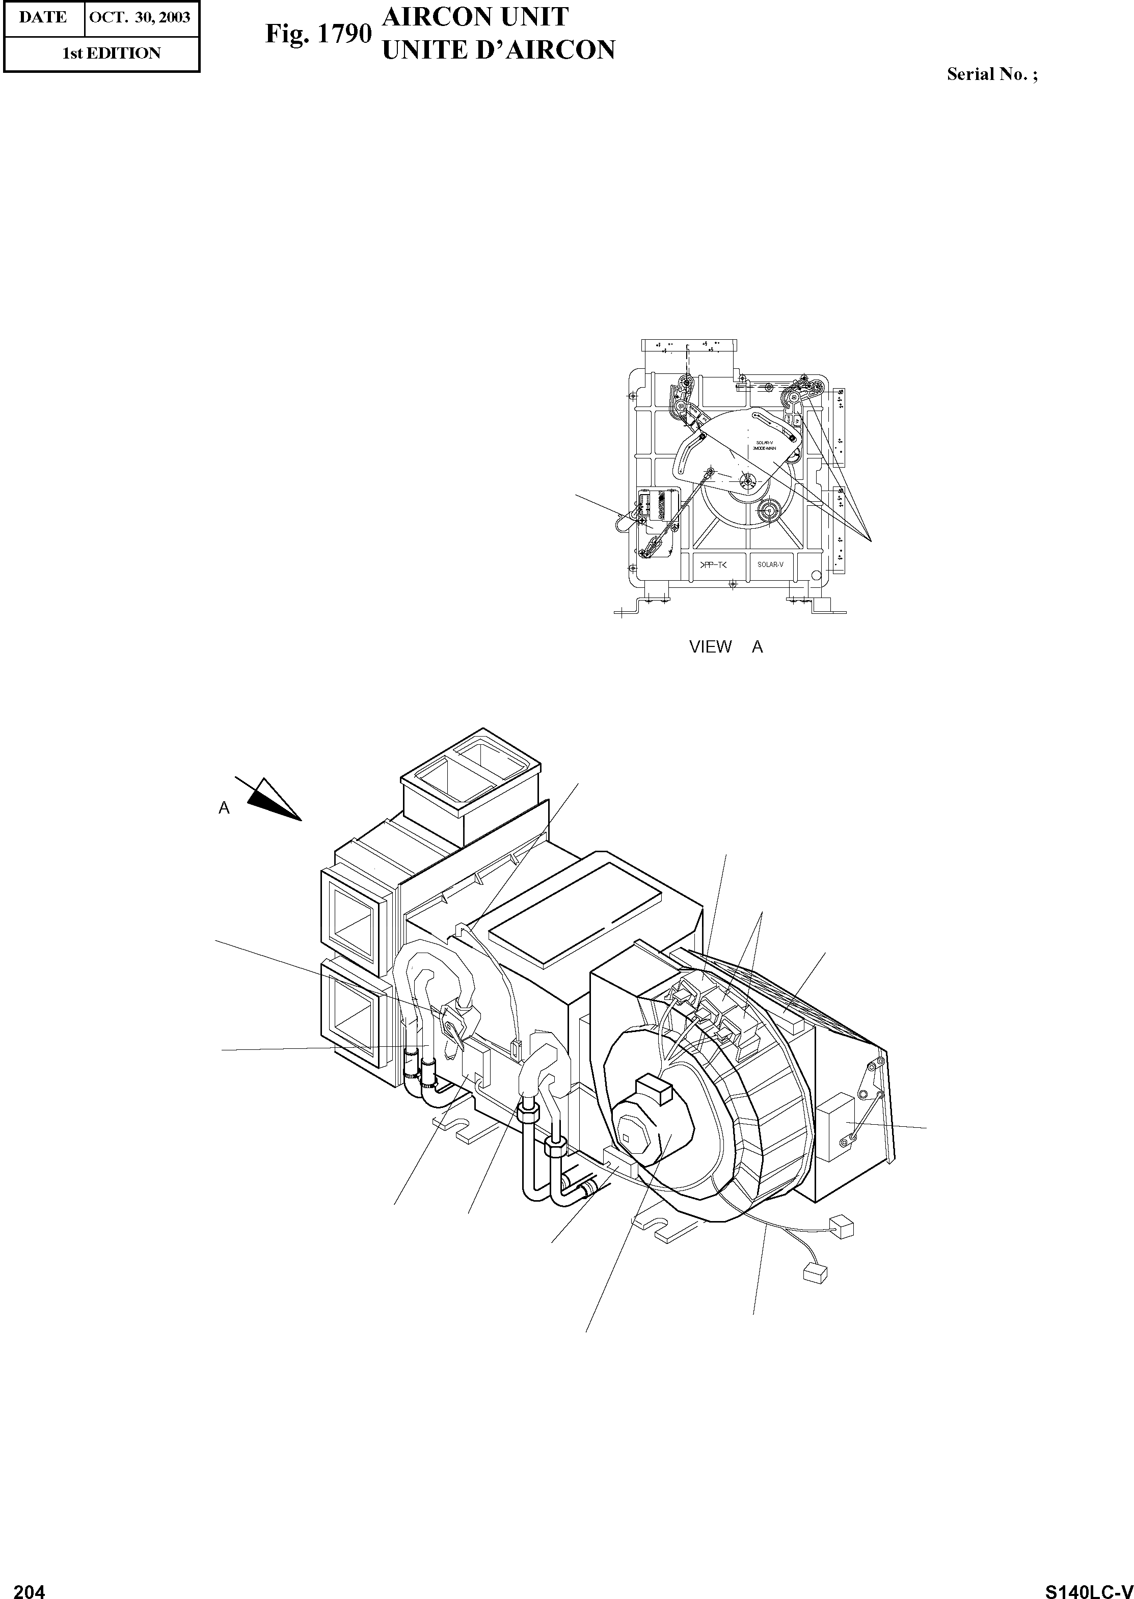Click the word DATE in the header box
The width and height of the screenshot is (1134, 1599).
coord(43,17)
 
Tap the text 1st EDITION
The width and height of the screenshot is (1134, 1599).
coord(112,53)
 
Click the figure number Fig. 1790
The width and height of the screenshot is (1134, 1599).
coord(318,34)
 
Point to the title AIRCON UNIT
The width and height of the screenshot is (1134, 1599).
coord(475,17)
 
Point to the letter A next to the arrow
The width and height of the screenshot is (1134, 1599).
coord(224,808)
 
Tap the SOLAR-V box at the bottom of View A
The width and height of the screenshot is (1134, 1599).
coord(770,565)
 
